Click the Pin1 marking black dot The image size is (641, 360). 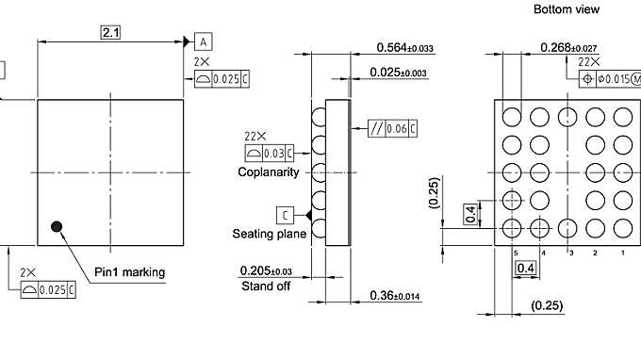coord(58,226)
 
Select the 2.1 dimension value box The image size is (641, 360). coord(111,33)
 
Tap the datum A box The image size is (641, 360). coord(205,41)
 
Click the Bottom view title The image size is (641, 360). coord(566,9)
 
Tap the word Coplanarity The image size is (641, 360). coord(269,172)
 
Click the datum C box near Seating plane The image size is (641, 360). coord(286,214)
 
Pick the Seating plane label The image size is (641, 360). coord(269,234)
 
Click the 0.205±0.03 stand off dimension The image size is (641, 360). coord(266,271)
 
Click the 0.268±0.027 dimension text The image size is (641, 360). coord(568,47)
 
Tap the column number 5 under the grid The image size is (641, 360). coord(516,254)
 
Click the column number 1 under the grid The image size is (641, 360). coord(622,254)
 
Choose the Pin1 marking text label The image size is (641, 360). coord(130,272)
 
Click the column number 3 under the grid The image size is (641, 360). coord(569,254)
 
